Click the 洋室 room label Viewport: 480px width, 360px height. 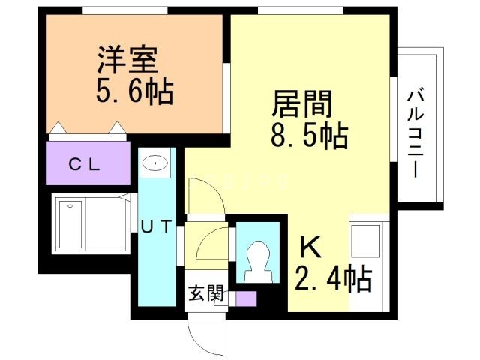click(x=127, y=59)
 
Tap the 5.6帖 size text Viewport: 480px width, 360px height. click(x=135, y=91)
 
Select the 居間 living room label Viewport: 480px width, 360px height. click(x=302, y=104)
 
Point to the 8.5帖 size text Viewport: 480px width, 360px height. click(x=310, y=135)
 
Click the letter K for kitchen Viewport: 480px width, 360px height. click(x=310, y=247)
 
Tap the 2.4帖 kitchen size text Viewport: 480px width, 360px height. click(x=333, y=278)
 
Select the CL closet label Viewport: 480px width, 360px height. click(x=85, y=165)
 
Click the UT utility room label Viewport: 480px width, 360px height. click(x=156, y=226)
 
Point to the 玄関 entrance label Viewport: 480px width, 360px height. click(x=205, y=293)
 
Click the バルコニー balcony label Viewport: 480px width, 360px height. click(x=415, y=133)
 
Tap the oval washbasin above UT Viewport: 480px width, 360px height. click(x=155, y=163)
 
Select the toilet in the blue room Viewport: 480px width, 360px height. click(x=259, y=262)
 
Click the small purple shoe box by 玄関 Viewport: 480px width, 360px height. click(x=247, y=298)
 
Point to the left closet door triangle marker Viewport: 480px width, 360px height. click(x=58, y=128)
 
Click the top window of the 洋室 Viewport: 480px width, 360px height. click(x=125, y=10)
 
